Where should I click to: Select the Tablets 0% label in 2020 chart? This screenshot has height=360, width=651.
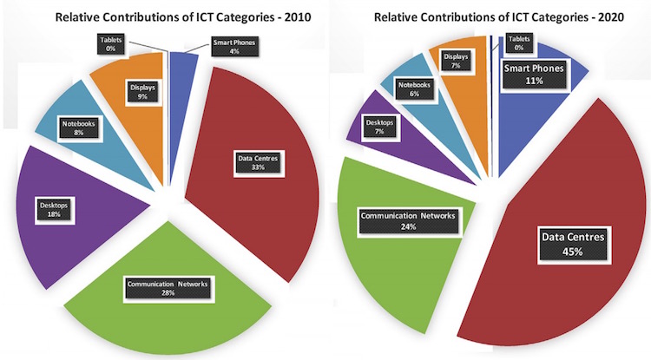click(x=519, y=42)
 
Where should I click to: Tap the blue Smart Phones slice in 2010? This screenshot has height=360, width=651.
click(x=180, y=66)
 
